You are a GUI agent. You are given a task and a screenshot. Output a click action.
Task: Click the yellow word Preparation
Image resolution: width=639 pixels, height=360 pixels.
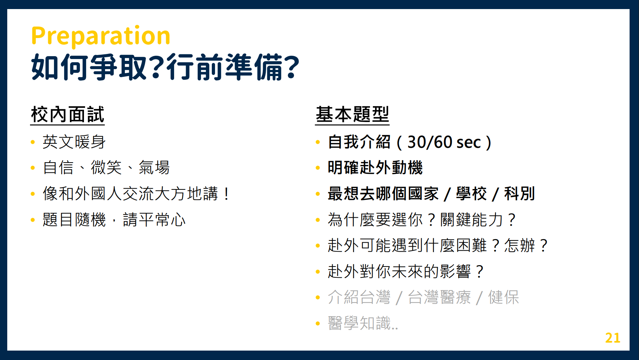click(x=101, y=36)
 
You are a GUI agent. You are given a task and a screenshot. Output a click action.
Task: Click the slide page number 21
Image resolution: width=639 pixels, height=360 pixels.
click(x=613, y=338)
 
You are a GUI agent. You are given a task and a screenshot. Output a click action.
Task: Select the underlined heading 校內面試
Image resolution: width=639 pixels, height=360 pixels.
click(x=68, y=115)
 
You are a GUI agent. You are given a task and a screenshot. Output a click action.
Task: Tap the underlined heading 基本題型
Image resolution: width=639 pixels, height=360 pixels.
click(x=352, y=115)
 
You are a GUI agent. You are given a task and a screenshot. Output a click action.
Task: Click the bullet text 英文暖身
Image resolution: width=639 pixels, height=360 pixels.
click(x=74, y=142)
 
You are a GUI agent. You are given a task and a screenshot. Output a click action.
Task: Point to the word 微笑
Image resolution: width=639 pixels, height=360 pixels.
click(x=106, y=167)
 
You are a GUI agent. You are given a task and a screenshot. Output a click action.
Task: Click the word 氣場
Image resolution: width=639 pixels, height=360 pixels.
click(x=154, y=167)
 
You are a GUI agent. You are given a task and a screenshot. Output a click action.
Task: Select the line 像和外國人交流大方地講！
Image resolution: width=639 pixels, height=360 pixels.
click(x=136, y=193)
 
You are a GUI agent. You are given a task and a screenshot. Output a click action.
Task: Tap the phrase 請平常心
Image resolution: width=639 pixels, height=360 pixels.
click(x=154, y=219)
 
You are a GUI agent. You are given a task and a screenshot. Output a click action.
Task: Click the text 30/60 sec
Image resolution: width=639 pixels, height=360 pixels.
click(x=444, y=142)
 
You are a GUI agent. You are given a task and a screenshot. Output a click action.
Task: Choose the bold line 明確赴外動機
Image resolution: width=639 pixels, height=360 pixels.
click(x=375, y=167)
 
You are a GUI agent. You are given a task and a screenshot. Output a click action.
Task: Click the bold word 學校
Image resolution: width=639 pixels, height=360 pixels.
click(x=471, y=193)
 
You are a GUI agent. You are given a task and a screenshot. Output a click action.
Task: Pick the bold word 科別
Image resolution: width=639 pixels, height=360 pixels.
click(x=520, y=193)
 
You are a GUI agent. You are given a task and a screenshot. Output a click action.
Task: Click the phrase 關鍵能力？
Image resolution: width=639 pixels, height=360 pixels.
click(x=478, y=219)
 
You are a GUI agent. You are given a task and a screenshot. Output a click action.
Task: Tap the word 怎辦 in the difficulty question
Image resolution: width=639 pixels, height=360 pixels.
click(x=520, y=246)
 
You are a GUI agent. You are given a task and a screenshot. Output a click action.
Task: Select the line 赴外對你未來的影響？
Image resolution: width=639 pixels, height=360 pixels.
click(x=406, y=271)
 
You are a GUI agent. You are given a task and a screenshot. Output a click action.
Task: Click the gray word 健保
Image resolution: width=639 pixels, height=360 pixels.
click(x=504, y=297)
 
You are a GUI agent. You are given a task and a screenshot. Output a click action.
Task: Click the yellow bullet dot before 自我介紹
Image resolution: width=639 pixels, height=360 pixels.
click(x=318, y=142)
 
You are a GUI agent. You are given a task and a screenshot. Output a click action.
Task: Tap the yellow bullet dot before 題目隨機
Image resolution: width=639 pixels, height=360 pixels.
click(x=33, y=220)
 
